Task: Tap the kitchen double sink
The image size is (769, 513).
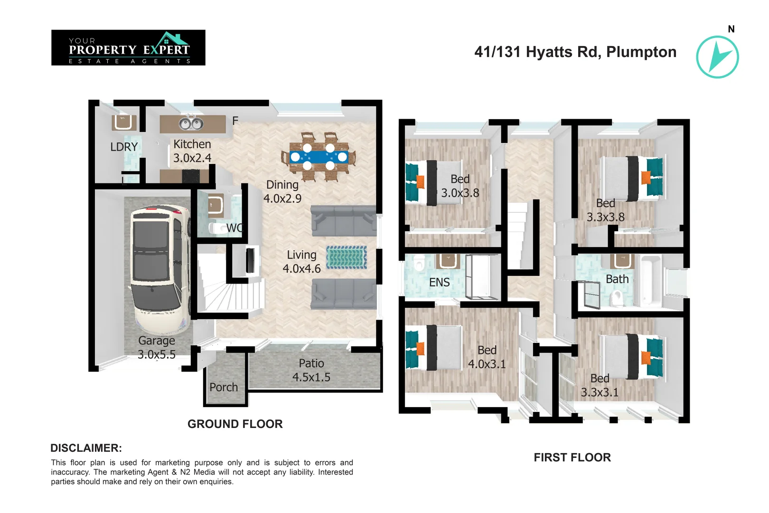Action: (x=191, y=124)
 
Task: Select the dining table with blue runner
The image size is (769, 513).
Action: (x=319, y=157)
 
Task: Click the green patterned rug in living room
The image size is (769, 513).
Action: (x=347, y=257)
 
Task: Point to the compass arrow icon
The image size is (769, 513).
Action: (x=717, y=57)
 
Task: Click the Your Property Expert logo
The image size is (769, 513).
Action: (x=128, y=47)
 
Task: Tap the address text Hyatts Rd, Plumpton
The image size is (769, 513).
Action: (x=575, y=52)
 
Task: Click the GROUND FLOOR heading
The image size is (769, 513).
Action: (x=235, y=424)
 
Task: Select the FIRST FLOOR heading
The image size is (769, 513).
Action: (x=572, y=457)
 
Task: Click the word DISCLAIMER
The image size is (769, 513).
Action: (x=86, y=448)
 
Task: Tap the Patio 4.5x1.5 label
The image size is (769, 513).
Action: (x=311, y=370)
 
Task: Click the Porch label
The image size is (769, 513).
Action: (x=224, y=387)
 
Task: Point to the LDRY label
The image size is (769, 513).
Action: (x=124, y=147)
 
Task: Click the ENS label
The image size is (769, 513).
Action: (x=439, y=283)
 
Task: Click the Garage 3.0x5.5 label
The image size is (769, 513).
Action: (x=157, y=347)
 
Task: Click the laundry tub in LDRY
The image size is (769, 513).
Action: (x=124, y=122)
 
